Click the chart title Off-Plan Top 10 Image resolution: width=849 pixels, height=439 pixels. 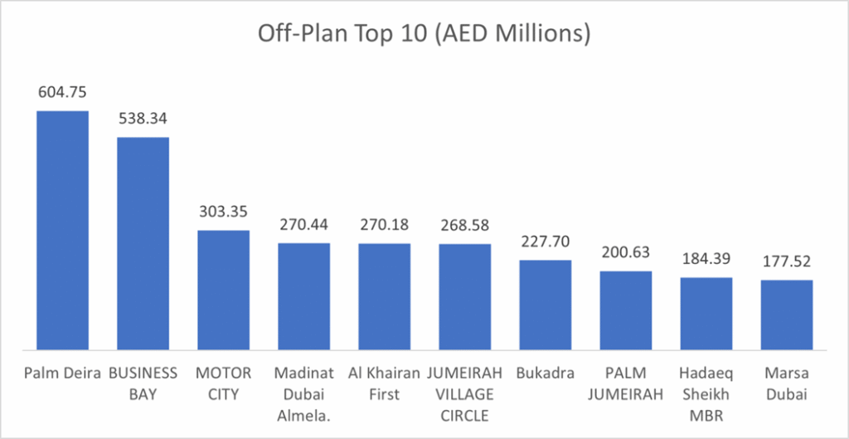(x=424, y=34)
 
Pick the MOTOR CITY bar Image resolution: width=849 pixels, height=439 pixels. (x=223, y=290)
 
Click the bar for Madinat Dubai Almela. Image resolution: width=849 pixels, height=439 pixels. (x=303, y=296)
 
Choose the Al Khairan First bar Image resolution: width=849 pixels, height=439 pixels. (x=384, y=296)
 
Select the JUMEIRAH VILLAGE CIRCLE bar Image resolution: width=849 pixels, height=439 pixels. (x=464, y=296)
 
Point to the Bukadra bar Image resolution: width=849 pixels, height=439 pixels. (x=545, y=305)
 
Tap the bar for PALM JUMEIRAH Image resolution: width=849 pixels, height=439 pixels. (x=626, y=310)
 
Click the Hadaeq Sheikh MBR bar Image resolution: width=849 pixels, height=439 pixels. (x=706, y=314)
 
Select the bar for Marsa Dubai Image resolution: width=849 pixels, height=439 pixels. (x=787, y=315)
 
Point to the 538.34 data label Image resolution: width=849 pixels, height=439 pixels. (x=143, y=120)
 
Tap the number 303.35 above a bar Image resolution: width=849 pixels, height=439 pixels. (x=223, y=212)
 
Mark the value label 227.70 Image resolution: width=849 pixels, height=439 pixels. (x=545, y=242)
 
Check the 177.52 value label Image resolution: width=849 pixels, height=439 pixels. (x=787, y=262)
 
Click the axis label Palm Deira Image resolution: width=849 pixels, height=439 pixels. (x=62, y=373)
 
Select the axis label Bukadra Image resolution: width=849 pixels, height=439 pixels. (x=545, y=373)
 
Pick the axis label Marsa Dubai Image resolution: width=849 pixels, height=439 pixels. (x=787, y=383)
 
